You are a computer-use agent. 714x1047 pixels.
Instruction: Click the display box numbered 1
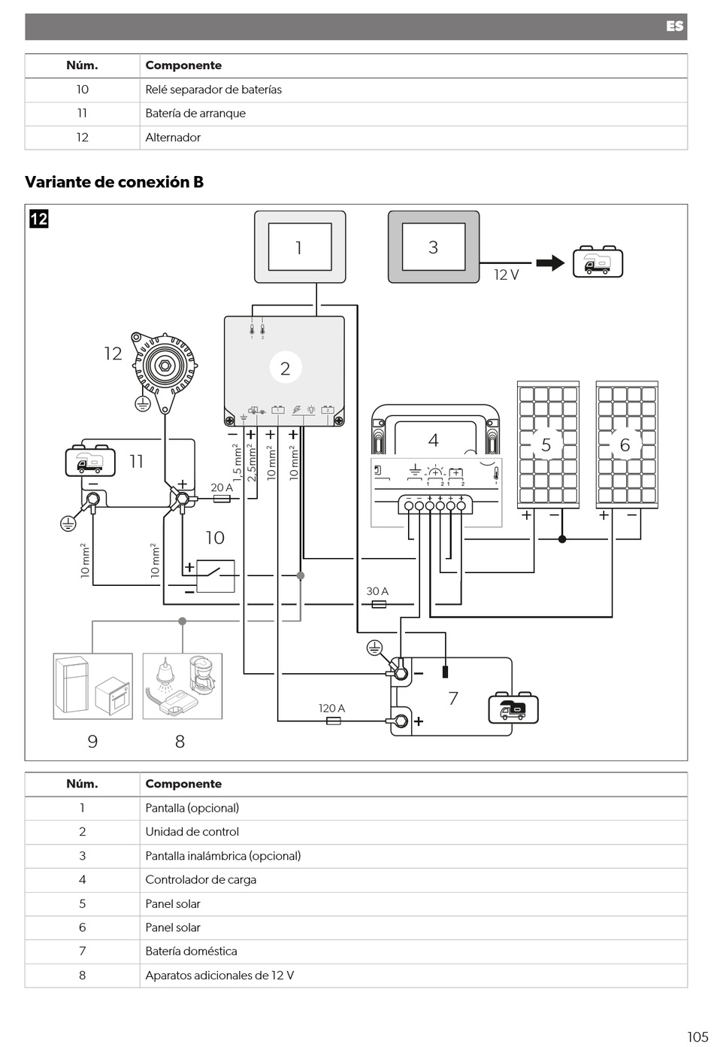300,247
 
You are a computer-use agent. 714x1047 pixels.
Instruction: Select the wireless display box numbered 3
434,247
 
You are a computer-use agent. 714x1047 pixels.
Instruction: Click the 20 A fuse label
222,487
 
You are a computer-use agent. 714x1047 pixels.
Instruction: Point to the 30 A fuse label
377,591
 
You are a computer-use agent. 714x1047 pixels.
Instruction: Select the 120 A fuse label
331,708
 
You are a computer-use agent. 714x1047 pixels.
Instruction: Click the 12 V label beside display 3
507,275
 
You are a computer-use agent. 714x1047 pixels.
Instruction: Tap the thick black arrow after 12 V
550,263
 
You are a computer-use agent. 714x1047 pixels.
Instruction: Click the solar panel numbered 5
548,445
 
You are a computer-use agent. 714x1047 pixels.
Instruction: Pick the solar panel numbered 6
627,445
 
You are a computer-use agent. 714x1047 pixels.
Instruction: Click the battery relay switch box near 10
215,576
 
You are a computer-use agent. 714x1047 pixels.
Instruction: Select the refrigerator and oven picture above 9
93,686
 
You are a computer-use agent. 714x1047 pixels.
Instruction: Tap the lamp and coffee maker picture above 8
183,686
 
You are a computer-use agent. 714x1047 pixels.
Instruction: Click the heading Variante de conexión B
114,182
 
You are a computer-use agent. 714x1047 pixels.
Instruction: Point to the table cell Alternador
173,138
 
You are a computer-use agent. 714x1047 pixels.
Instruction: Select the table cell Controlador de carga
201,880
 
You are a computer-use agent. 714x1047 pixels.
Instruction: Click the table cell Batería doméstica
191,951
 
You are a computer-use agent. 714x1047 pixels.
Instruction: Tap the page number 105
697,1036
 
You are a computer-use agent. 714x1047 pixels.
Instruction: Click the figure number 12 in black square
39,219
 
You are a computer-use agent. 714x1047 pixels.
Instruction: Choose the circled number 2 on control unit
286,368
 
